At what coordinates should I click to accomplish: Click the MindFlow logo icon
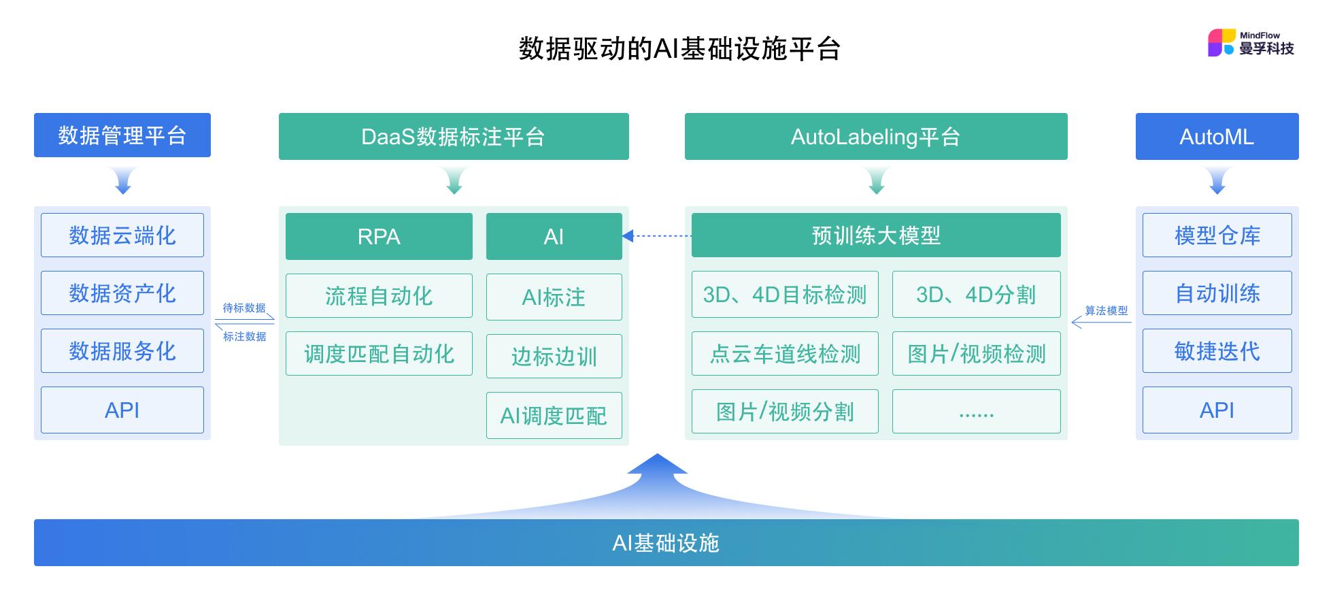click(x=1221, y=42)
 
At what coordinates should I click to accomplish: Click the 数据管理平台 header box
click(x=122, y=135)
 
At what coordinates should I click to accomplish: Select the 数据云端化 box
click(x=122, y=235)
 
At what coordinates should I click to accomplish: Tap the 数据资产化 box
click(x=122, y=293)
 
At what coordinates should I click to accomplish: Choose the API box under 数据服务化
click(x=122, y=410)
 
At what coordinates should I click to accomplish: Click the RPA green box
click(x=379, y=236)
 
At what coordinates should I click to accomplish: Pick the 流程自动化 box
click(x=379, y=296)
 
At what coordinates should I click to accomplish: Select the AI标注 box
click(x=554, y=297)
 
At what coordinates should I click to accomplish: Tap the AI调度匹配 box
click(x=554, y=415)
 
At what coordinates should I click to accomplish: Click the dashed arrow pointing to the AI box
click(x=657, y=236)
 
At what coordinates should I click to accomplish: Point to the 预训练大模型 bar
click(x=876, y=235)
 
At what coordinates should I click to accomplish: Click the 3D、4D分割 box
click(x=976, y=295)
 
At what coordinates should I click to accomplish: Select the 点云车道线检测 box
click(x=785, y=354)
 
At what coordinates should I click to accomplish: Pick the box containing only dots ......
click(x=976, y=412)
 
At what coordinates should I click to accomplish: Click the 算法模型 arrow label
click(x=1106, y=310)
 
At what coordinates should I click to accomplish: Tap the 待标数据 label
click(x=244, y=308)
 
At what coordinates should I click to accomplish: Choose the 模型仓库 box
click(x=1217, y=235)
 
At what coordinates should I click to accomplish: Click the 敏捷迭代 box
click(x=1217, y=351)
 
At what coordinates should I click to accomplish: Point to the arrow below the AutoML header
click(x=1217, y=181)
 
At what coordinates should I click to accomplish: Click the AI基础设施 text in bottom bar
click(x=666, y=543)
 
